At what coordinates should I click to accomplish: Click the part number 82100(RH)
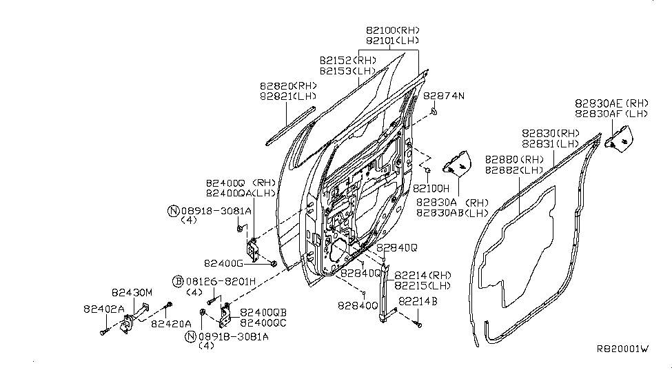coord(392,30)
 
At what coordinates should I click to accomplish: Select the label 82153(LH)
coord(347,71)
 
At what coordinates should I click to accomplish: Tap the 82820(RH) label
coord(288,86)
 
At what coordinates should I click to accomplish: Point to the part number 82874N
coord(444,96)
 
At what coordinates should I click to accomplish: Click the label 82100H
coord(431,188)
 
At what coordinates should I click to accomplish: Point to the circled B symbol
coord(178,282)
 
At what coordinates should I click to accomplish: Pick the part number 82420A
coord(170,322)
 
